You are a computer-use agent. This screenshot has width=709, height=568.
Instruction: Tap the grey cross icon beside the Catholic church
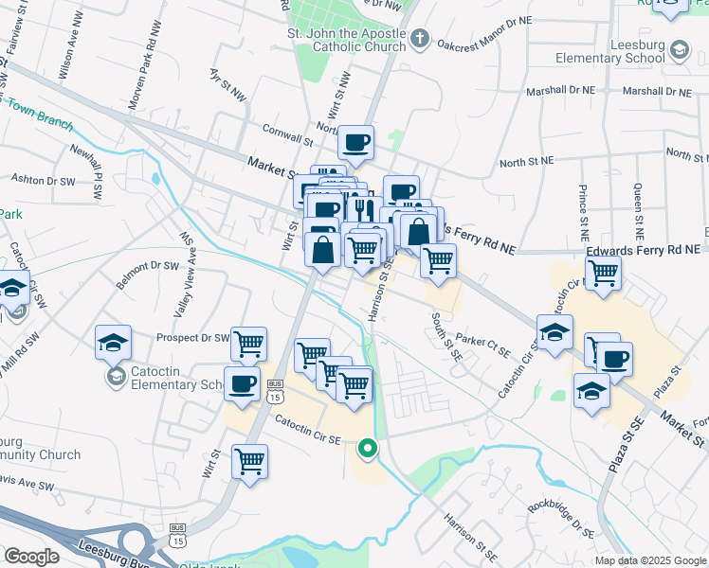click(x=421, y=40)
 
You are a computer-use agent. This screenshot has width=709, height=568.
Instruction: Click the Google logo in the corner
click(x=31, y=557)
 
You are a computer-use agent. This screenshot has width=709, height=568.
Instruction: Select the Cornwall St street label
click(x=288, y=138)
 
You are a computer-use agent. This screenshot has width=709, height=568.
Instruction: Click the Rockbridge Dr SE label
click(x=562, y=519)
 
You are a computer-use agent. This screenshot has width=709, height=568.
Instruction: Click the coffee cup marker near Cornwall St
click(x=356, y=144)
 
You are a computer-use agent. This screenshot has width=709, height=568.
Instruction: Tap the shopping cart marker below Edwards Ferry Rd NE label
click(x=604, y=274)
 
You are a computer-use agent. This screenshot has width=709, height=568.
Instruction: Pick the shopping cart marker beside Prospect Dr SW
click(x=248, y=345)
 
